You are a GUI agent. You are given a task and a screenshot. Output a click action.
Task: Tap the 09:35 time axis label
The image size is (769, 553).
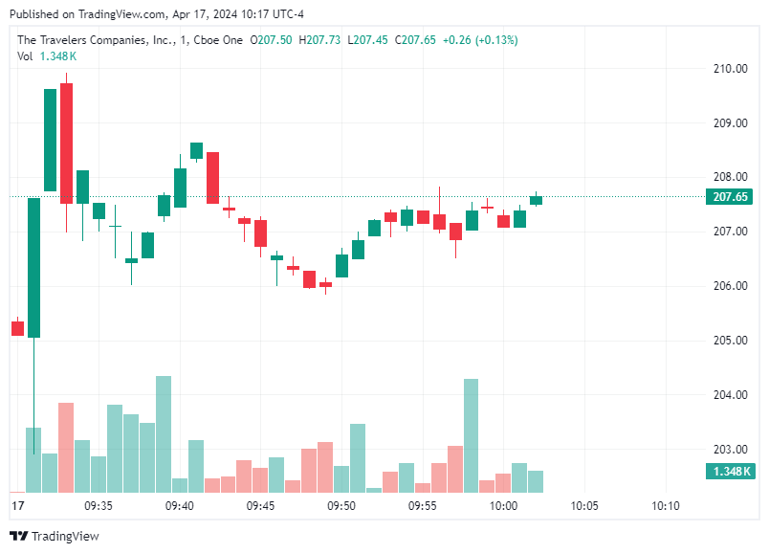(99, 505)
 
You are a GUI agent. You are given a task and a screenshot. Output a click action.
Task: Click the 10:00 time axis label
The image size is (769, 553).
(503, 505)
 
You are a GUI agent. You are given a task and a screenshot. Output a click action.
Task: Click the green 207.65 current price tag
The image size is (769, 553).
(731, 197)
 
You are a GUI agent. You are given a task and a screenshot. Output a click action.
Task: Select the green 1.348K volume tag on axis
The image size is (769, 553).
(731, 472)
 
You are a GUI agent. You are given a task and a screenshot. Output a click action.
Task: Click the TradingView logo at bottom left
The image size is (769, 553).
(54, 536)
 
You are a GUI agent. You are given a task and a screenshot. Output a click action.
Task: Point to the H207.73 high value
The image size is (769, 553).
(320, 40)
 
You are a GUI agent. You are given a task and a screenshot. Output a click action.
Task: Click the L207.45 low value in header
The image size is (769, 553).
(368, 40)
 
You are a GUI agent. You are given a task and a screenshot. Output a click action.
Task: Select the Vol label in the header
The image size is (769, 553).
(25, 56)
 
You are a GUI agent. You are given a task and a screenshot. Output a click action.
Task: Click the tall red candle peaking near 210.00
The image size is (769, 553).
(66, 144)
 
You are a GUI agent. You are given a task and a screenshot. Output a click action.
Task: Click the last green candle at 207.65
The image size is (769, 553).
(536, 200)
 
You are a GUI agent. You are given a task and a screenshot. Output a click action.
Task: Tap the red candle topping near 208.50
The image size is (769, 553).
(212, 178)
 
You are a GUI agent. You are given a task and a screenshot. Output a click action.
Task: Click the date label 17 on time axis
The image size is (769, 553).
(16, 505)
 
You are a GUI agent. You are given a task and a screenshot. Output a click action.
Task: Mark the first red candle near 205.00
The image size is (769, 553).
(17, 328)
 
